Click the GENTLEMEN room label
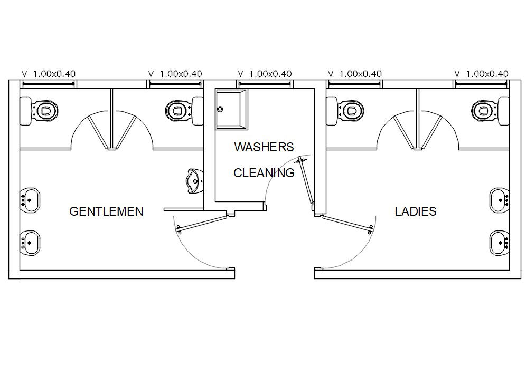[x=106, y=211]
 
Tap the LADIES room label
[x=416, y=211]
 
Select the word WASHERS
[x=264, y=147]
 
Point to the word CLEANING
[x=264, y=172]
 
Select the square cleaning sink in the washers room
[x=231, y=109]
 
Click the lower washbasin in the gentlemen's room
[x=30, y=242]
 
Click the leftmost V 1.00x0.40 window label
[x=48, y=74]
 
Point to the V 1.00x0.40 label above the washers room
[x=265, y=74]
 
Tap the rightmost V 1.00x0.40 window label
[x=481, y=74]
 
